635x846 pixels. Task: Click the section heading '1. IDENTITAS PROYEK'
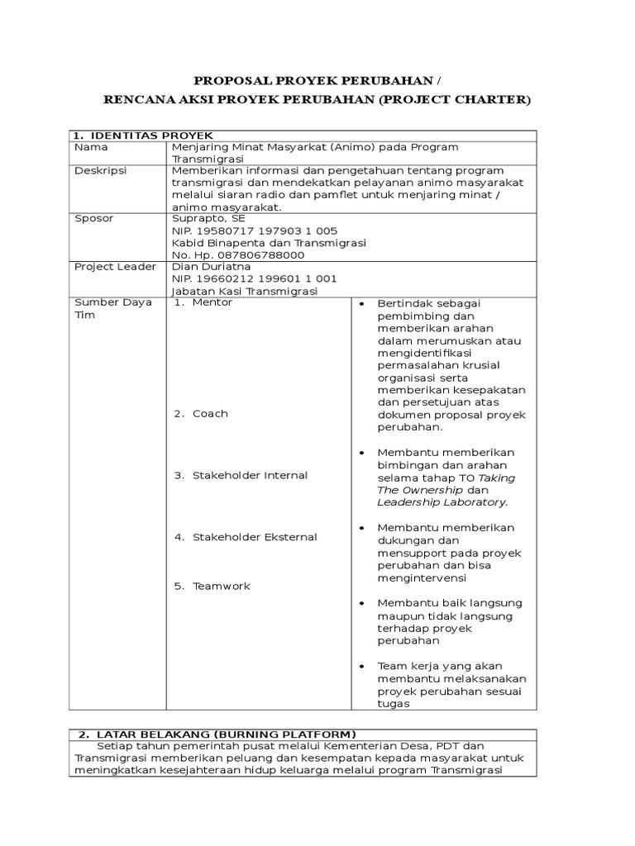[x=142, y=135]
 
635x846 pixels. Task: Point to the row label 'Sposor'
[x=93, y=218]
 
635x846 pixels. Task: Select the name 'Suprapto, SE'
[x=208, y=218]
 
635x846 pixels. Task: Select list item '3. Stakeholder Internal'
[x=241, y=475]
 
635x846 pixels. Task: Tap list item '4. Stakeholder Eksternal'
[x=245, y=537]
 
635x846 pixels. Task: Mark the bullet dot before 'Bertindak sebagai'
[x=363, y=304]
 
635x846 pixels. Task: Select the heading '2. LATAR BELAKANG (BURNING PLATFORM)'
[x=217, y=734]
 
